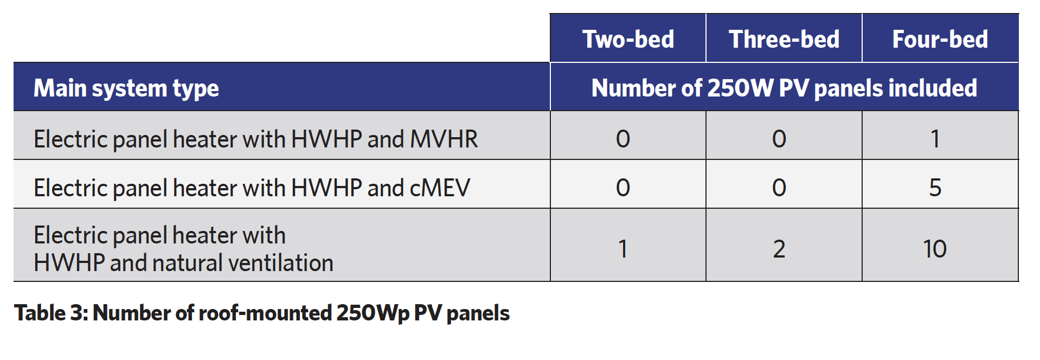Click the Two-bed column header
click(628, 39)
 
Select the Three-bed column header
click(784, 39)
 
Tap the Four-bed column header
click(940, 39)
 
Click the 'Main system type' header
click(126, 88)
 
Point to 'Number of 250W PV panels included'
click(784, 88)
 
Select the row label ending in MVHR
click(256, 139)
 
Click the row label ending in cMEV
click(252, 188)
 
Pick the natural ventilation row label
click(183, 249)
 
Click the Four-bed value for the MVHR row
click(935, 139)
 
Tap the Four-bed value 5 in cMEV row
click(935, 188)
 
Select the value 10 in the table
click(935, 249)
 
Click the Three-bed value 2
click(779, 249)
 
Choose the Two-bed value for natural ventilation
click(623, 249)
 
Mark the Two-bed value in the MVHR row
click(623, 139)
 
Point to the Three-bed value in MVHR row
click(779, 139)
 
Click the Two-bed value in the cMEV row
click(623, 188)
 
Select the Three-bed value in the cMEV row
click(779, 188)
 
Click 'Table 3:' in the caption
click(51, 313)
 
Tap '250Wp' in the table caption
click(373, 313)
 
